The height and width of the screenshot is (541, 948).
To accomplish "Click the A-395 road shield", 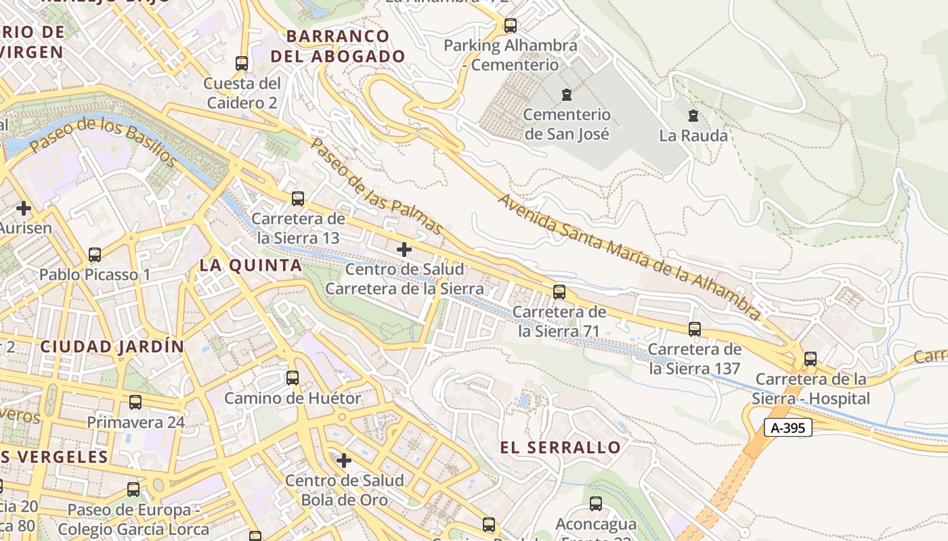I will pos(788,427).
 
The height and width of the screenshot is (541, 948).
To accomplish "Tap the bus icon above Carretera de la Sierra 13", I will pos(297,199).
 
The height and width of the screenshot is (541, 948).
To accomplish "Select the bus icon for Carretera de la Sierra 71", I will pos(559,292).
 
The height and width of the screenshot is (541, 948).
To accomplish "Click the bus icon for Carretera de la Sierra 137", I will pos(695,329).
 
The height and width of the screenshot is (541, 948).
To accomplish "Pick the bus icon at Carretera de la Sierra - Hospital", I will pos(811,359).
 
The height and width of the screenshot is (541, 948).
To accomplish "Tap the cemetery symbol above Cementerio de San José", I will pos(567,95).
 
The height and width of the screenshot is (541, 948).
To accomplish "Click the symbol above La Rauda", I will pos(693,116).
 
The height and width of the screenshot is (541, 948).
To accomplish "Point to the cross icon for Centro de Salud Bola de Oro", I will pos(344,461).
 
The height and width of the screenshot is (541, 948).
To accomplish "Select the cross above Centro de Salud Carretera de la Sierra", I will pos(404,250).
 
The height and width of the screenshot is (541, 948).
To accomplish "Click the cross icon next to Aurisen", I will pos(24,208).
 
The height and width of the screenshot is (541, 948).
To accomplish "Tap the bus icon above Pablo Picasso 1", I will pos(95,255).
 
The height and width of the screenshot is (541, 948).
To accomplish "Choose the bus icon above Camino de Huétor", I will pos(293,378).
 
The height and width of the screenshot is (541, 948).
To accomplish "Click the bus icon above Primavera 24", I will pos(135,402).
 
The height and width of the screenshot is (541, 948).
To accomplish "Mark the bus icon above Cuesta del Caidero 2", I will pos(242,64).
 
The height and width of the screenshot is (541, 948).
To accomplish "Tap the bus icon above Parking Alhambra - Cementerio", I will pos(511,26).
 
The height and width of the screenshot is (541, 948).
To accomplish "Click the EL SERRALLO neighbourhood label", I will pos(560,448).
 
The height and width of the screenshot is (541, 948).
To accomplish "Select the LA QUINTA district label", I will pos(251,266).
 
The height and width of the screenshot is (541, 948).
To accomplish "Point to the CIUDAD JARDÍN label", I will pos(112,347).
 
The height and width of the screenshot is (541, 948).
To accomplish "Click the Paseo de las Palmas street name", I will pos(376,186).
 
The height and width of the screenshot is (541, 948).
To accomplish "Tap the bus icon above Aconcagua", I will pos(596,504).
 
